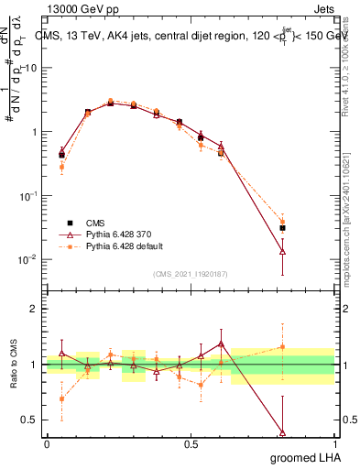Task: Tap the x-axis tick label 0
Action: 47,443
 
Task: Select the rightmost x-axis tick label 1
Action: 333,443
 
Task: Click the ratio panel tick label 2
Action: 34,310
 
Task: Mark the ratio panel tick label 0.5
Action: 30,420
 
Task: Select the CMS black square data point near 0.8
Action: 282,228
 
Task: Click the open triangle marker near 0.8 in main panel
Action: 282,251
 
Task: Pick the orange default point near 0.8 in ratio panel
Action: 282,347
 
